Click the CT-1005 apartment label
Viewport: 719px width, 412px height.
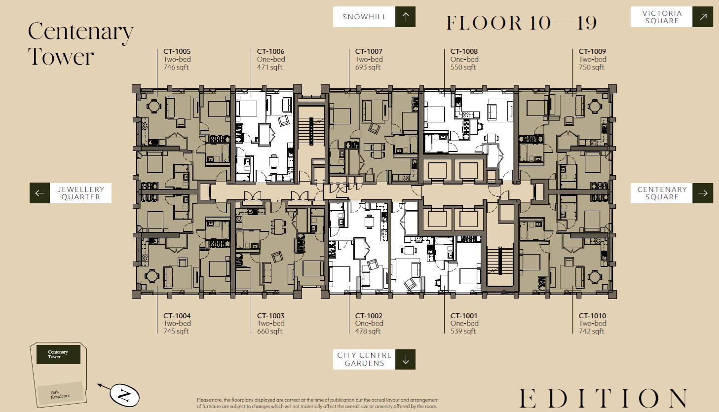(x=177, y=51)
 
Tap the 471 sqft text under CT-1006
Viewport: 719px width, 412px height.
(x=269, y=67)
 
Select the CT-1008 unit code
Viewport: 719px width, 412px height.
(x=464, y=51)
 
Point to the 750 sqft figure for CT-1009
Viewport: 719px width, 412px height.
(x=592, y=67)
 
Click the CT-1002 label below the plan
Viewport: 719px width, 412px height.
(x=369, y=316)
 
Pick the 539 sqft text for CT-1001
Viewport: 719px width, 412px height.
(x=463, y=331)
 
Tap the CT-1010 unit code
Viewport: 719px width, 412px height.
(x=593, y=316)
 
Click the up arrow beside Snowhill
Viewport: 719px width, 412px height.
(x=406, y=17)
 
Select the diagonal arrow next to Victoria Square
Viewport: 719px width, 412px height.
(x=703, y=17)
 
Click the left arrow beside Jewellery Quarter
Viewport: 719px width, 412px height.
(x=40, y=193)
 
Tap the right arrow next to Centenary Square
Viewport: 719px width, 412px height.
(x=703, y=193)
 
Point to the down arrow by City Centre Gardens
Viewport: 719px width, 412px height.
(x=406, y=359)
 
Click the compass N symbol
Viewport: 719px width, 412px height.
(x=124, y=395)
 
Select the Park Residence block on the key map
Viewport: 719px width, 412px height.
(x=60, y=394)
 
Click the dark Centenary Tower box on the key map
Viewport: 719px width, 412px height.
(x=58, y=355)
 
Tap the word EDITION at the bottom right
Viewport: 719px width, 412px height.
(x=604, y=398)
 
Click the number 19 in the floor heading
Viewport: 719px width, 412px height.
(x=587, y=23)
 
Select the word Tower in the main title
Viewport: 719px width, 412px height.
(x=61, y=56)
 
